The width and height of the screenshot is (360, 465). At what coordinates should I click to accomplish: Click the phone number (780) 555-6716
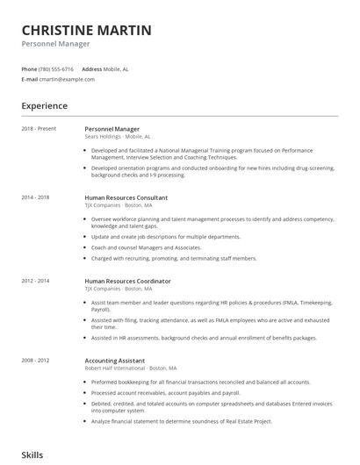[x=57, y=68]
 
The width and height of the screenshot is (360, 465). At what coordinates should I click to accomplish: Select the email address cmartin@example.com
[x=68, y=79]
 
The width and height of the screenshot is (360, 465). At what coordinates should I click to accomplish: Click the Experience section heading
[x=45, y=106]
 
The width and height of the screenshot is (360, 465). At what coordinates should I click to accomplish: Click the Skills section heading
[x=32, y=455]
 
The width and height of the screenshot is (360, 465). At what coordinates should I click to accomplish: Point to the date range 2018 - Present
[x=39, y=129]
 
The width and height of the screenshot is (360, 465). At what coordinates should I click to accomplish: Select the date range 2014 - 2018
[x=36, y=198]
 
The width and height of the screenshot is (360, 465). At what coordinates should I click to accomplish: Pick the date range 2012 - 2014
[x=36, y=281]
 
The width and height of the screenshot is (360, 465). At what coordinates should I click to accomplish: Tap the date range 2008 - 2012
[x=36, y=360]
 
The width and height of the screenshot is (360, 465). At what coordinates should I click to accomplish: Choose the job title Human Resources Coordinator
[x=127, y=281]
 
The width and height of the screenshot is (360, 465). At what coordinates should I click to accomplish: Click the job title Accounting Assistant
[x=116, y=360]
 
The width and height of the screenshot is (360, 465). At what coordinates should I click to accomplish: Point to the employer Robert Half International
[x=116, y=368]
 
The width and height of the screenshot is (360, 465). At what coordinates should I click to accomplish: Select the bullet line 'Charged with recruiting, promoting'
[x=174, y=259]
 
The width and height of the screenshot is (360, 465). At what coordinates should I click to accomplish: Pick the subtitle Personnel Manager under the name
[x=56, y=44]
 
